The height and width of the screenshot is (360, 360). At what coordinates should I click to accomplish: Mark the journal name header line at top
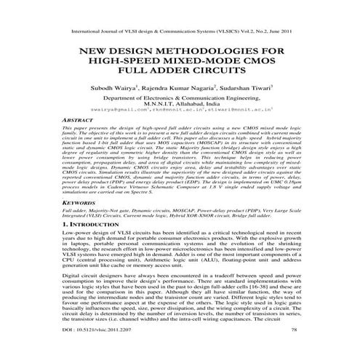180,33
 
